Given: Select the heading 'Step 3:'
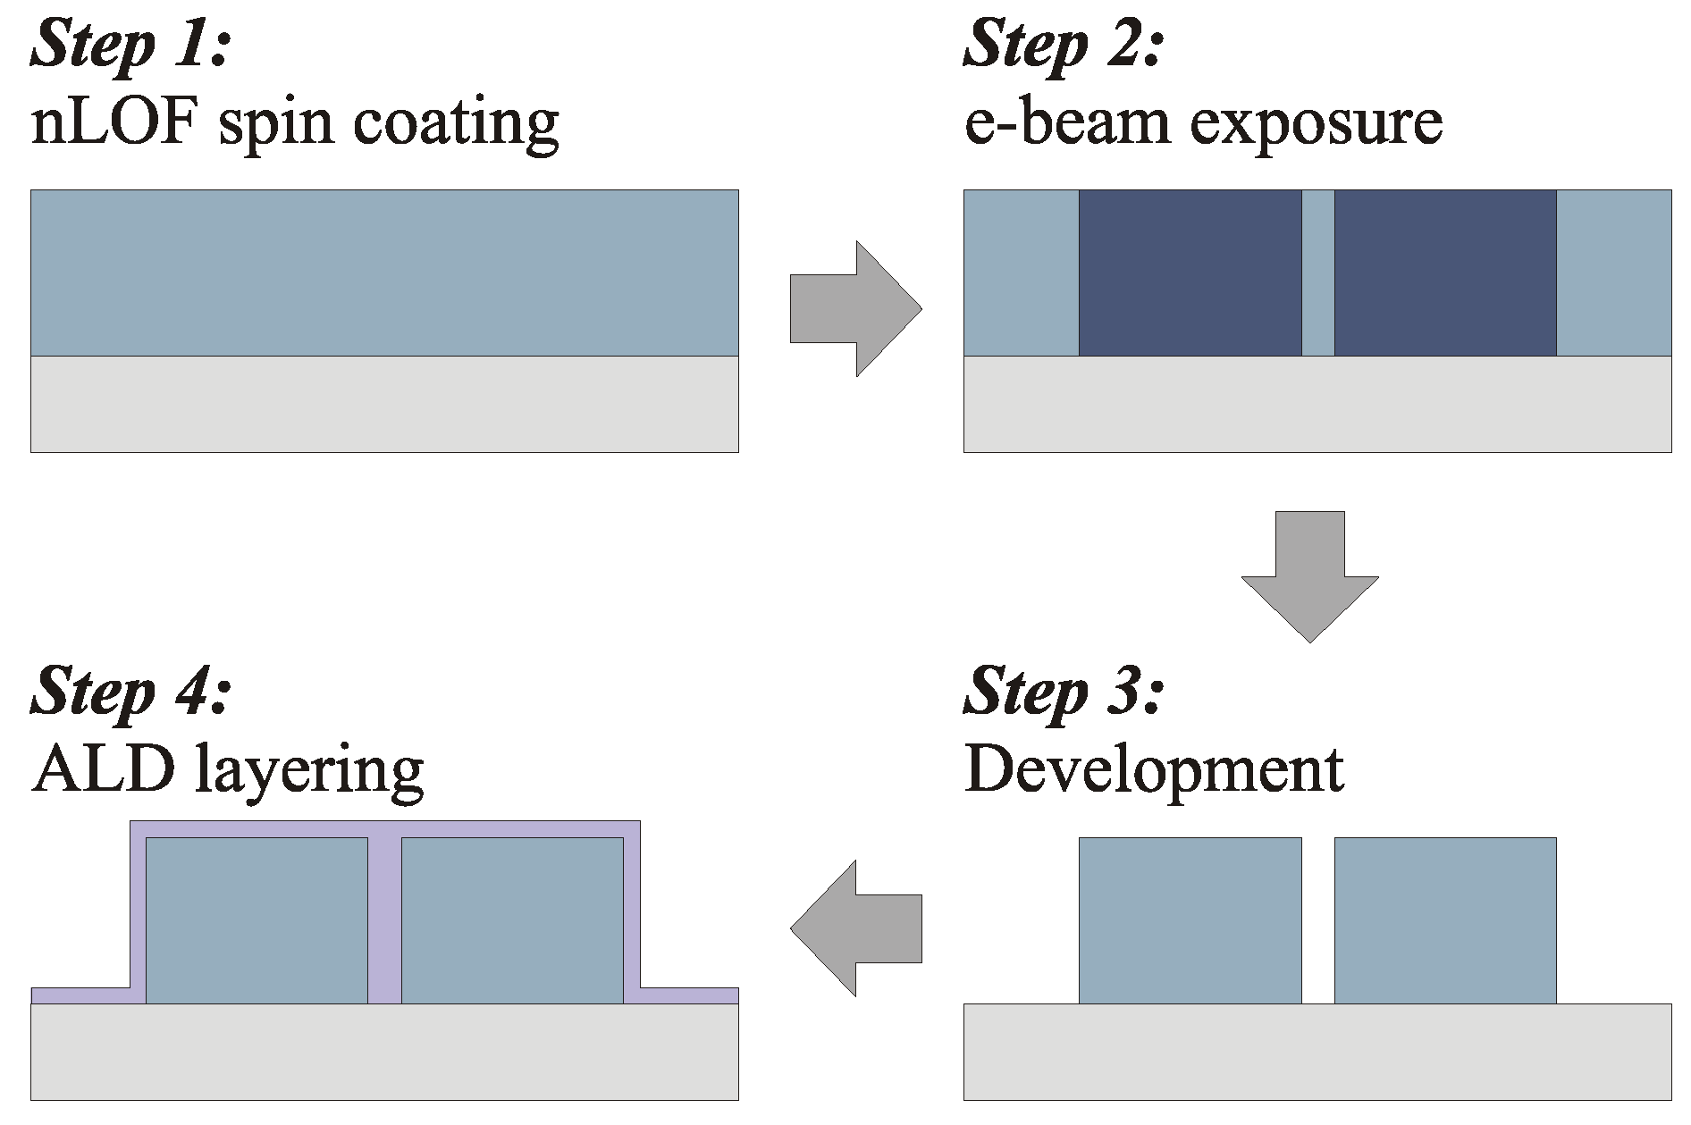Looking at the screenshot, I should click(1064, 690).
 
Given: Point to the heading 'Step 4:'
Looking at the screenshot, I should click(131, 690).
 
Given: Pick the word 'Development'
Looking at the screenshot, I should click(1154, 770).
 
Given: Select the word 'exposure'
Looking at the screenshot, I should click(1317, 125).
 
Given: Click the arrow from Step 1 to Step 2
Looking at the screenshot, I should click(854, 308).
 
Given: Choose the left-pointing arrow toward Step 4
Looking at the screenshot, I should click(854, 928).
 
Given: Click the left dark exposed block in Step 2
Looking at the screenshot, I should click(1190, 273).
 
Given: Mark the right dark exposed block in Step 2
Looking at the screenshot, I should click(1444, 273).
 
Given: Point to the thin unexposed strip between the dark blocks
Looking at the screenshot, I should click(1317, 273).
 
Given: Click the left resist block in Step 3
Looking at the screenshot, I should click(1190, 920).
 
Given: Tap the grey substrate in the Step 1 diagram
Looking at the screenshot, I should click(384, 404).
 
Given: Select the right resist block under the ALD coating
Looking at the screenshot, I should click(512, 920).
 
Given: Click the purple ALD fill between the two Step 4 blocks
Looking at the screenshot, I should click(384, 920).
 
